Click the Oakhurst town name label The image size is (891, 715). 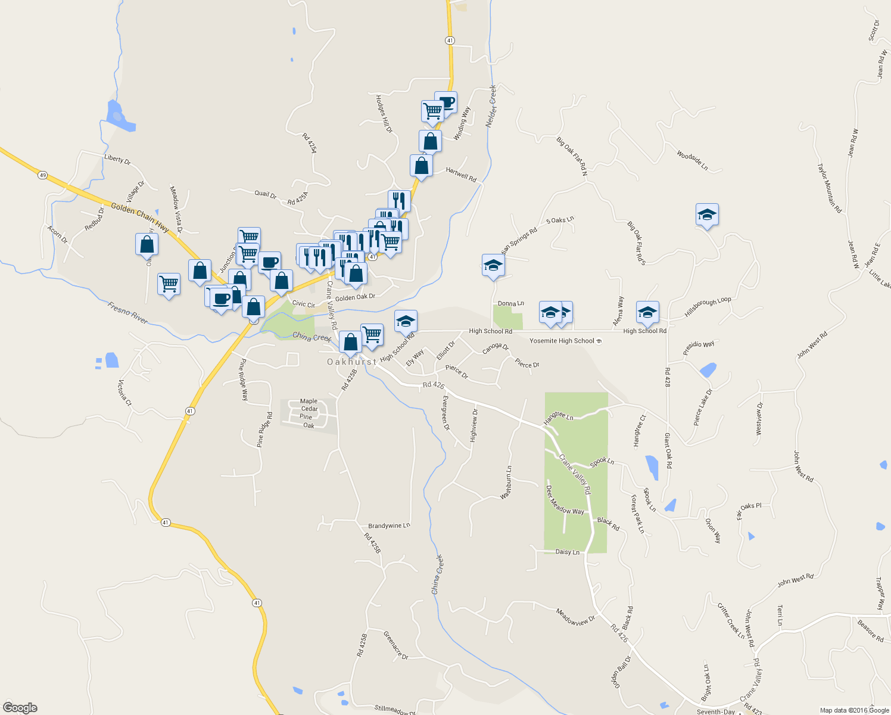pos(351,362)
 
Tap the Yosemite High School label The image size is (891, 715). pos(562,341)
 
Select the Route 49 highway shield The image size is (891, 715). pos(42,175)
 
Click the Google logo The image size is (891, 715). pos(20,708)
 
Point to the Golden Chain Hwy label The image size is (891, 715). pos(140,217)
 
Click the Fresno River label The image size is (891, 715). pos(127,313)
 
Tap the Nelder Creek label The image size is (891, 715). pos(491,105)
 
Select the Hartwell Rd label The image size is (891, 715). pos(461,175)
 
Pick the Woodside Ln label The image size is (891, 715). pos(692,160)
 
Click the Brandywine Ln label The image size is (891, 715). pos(389,526)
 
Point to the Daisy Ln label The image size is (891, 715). pos(567,552)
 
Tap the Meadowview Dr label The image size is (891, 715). pos(575,617)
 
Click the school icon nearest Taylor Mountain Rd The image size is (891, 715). pos(707,215)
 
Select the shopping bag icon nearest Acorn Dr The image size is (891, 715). pos(147,244)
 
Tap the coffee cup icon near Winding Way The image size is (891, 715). pos(446,102)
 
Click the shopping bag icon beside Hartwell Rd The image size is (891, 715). pos(421,166)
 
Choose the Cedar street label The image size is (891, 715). pos(309,409)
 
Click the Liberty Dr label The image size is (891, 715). pos(117,160)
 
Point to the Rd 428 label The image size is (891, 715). pos(667,378)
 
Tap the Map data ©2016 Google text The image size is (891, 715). pos(854,710)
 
